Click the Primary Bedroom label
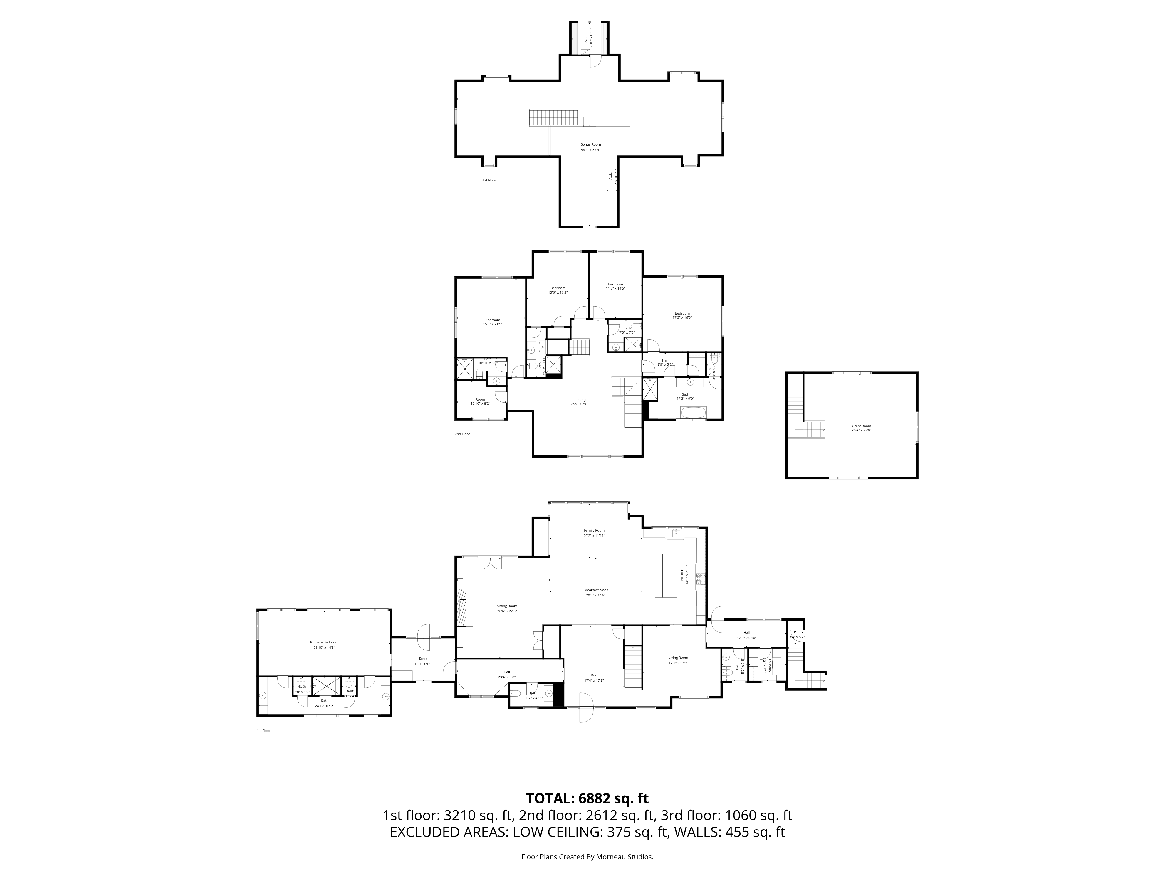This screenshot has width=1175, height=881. tap(324, 642)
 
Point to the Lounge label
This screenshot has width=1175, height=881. tap(581, 399)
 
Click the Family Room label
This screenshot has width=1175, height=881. tap(594, 530)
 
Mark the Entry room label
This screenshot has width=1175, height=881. tap(423, 658)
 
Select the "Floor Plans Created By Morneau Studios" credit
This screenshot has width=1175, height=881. tap(587, 857)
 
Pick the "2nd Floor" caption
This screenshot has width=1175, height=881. tap(462, 434)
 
